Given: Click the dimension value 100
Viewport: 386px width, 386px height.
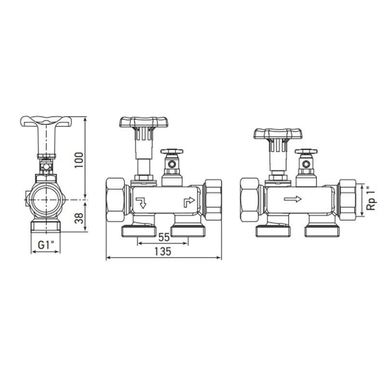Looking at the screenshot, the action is (x=79, y=160).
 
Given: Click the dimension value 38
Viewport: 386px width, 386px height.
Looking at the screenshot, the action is (x=79, y=218).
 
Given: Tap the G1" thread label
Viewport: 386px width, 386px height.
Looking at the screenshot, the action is (x=46, y=245).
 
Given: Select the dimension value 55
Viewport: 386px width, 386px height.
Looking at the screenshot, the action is (x=164, y=237).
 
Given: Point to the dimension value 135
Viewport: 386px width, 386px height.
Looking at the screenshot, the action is (x=163, y=251).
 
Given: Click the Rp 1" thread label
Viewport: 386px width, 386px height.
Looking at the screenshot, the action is (x=372, y=199).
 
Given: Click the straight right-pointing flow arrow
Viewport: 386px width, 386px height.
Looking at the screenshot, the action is (x=292, y=199).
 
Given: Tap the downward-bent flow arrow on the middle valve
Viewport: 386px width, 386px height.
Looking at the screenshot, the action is (x=141, y=202).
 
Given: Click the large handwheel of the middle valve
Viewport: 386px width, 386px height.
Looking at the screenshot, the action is (x=144, y=122).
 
